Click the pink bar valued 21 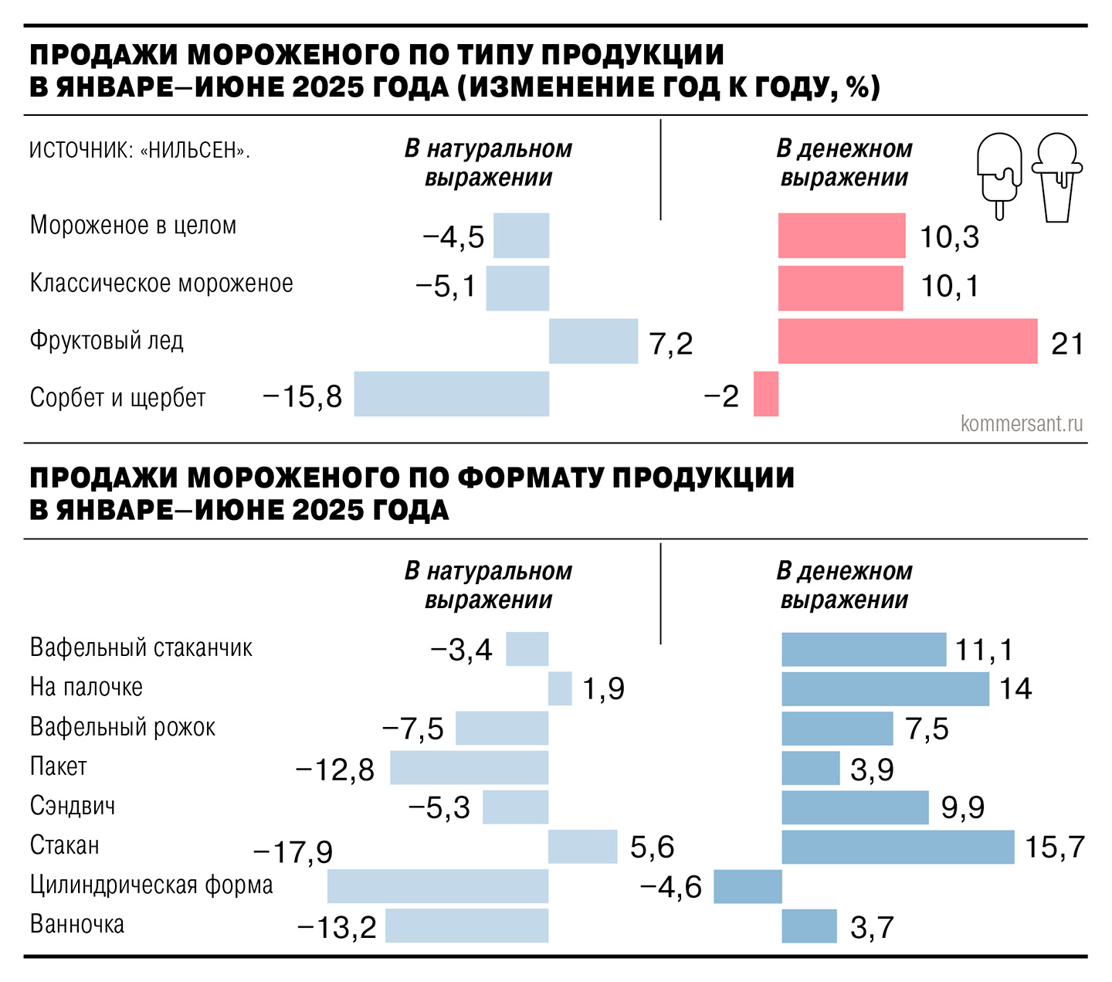click(907, 341)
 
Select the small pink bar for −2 click(765, 394)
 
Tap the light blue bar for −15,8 click(452, 394)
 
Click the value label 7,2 click(671, 344)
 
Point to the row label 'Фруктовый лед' click(107, 341)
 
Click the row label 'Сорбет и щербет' click(117, 398)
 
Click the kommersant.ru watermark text click(1021, 423)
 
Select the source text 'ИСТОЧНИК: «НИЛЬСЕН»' click(139, 150)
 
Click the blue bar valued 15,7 click(897, 847)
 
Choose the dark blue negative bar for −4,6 click(748, 886)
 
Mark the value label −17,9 click(293, 852)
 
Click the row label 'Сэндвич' click(73, 806)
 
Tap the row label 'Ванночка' click(77, 924)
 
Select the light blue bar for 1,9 click(560, 688)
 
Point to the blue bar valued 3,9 click(810, 768)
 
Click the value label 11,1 click(983, 650)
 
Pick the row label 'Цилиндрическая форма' click(151, 885)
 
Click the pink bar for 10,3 click(841, 236)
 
